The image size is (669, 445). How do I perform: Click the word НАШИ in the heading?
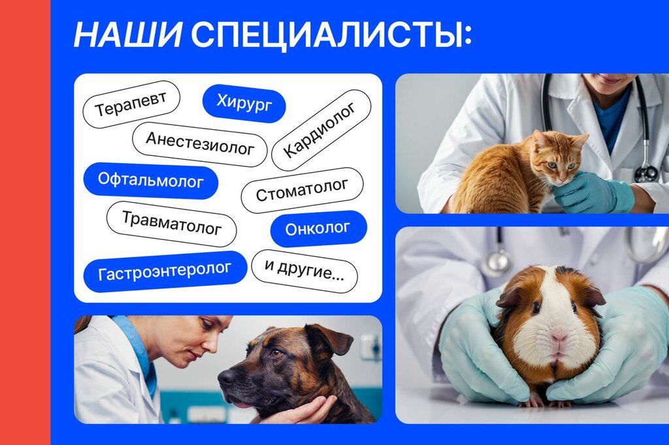(127, 35)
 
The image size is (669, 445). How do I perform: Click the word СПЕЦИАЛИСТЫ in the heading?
(331, 35)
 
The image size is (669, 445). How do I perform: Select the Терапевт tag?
(131, 104)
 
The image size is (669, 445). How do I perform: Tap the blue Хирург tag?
(244, 104)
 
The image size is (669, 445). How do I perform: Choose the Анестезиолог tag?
(200, 144)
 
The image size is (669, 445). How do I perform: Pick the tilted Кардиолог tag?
(321, 130)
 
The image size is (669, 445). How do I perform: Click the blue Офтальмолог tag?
(151, 181)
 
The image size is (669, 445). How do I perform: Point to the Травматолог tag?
(171, 224)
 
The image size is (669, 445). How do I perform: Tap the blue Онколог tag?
(318, 228)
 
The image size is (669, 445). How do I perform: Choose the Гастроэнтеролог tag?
(165, 271)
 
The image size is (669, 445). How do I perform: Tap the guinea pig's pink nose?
(559, 336)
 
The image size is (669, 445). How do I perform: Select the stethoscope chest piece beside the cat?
(646, 173)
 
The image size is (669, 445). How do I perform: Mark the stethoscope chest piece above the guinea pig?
(497, 262)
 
